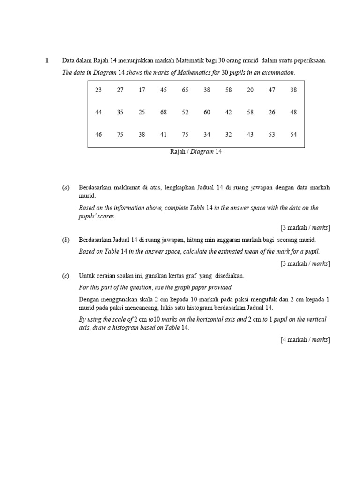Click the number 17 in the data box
(x=142, y=90)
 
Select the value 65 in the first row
(x=185, y=90)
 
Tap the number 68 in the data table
(x=164, y=112)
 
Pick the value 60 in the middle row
(x=207, y=112)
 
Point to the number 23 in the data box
(x=98, y=90)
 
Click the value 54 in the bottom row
(x=293, y=135)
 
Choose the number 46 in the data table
(x=98, y=135)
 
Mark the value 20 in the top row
(x=250, y=90)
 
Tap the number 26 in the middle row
(x=272, y=112)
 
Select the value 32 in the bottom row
(x=228, y=135)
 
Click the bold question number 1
(x=47, y=60)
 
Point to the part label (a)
(x=66, y=187)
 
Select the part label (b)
(x=66, y=240)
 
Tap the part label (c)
(x=66, y=276)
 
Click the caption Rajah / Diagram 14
(x=195, y=152)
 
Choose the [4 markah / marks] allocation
(x=305, y=340)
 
